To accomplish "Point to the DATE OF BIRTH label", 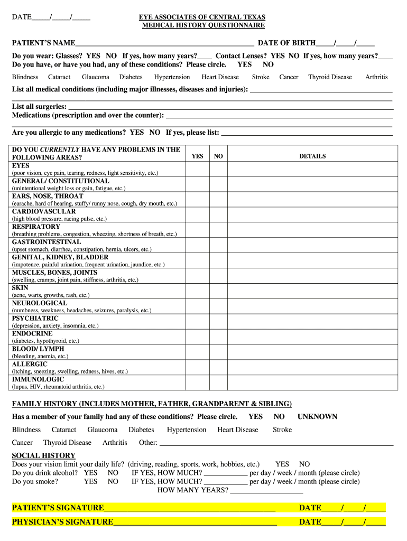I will (286, 43).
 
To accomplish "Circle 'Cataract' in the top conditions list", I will (59, 77).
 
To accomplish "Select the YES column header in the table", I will (197, 156).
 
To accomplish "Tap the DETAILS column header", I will (312, 156).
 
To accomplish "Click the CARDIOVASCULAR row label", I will (44, 211).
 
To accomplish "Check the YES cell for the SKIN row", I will (197, 292).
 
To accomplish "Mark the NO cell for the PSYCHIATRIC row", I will (218, 322).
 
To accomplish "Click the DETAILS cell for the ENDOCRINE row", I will (312, 338).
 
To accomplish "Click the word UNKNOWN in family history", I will (317, 417).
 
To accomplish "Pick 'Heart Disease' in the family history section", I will (238, 430).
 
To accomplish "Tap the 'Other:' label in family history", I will (148, 443).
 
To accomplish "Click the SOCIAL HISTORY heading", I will (44, 455).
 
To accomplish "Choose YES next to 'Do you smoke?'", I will (90, 482).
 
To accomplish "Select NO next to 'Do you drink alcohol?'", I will (113, 473).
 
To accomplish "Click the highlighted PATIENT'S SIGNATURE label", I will (58, 508).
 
